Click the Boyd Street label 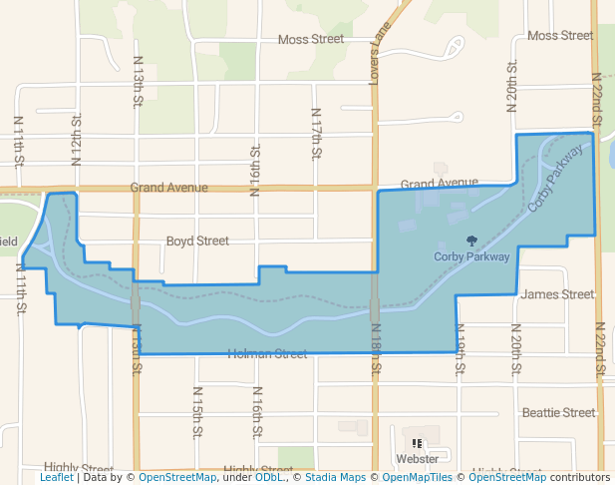(197, 242)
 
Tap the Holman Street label (267, 353)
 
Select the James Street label (557, 294)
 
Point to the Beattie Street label (558, 412)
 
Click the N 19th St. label (461, 347)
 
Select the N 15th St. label (196, 412)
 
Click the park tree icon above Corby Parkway (471, 241)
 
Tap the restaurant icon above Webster (417, 443)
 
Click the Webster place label (417, 459)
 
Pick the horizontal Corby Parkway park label (471, 256)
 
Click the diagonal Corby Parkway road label (554, 179)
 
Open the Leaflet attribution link (56, 478)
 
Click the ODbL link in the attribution (268, 478)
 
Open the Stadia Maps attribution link (332, 478)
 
